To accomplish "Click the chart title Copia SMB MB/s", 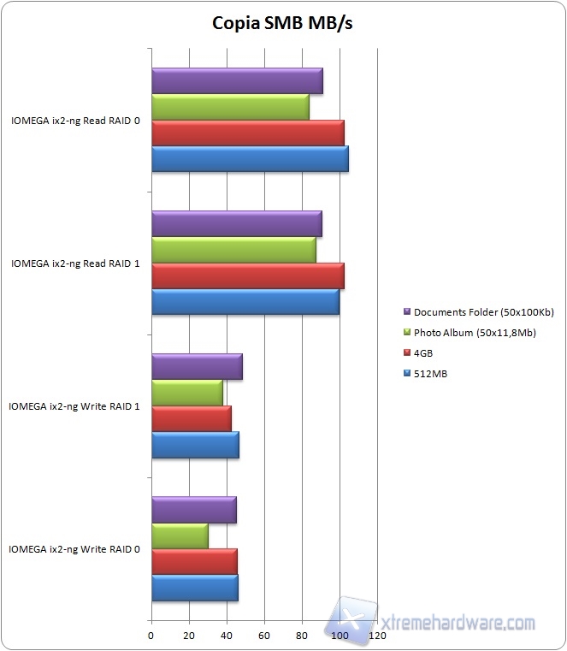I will [x=282, y=23].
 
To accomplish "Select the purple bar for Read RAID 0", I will [x=237, y=81].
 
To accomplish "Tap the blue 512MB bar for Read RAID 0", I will [x=250, y=159].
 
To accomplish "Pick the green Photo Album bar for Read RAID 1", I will [x=233, y=250].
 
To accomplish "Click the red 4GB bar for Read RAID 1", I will [x=248, y=276].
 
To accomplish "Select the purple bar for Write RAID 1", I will [x=197, y=366].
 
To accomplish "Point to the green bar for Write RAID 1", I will [x=187, y=393].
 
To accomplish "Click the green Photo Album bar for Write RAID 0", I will [x=180, y=536].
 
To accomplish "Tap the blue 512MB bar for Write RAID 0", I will [x=194, y=589].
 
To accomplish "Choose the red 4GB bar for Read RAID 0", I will [x=248, y=133].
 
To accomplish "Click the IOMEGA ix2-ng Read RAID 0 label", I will [x=76, y=121].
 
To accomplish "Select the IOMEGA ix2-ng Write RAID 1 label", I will [x=76, y=406].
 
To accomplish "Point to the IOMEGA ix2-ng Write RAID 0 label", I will [x=76, y=548].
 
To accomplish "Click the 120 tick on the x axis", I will [x=377, y=636].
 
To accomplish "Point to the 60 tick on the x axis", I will [x=264, y=636].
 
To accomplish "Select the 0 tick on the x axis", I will [x=151, y=636].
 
